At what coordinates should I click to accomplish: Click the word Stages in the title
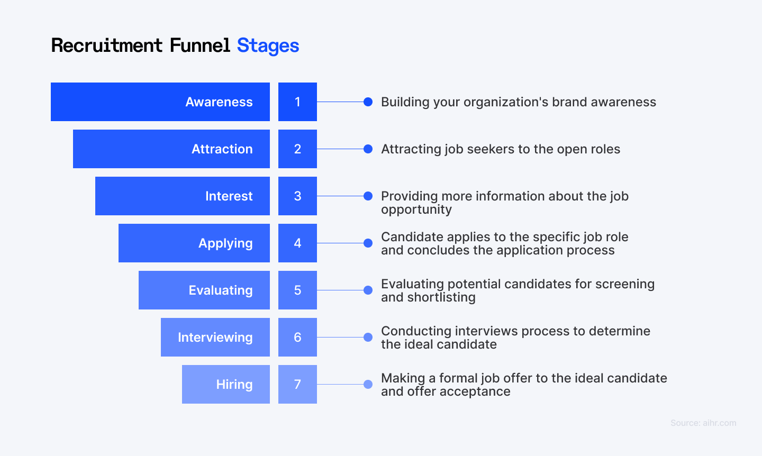point(268,45)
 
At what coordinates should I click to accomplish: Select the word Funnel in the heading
point(199,45)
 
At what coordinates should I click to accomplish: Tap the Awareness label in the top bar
point(219,102)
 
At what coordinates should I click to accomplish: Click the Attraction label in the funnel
point(222,149)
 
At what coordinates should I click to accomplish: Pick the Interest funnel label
point(229,196)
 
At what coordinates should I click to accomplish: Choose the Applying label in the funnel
point(225,243)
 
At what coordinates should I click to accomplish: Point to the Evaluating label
point(221,290)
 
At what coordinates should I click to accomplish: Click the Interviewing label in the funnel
point(215,338)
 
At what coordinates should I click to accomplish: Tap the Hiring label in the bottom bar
point(234,385)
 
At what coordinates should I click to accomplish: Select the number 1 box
point(297,102)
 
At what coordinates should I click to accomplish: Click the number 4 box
point(297,243)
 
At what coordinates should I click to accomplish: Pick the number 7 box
point(297,385)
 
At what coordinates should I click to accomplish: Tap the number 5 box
point(297,290)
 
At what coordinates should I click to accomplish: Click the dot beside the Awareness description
point(368,102)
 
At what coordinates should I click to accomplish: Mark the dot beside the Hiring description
point(368,385)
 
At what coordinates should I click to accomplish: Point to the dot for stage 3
point(368,196)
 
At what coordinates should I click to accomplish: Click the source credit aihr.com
point(703,423)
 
